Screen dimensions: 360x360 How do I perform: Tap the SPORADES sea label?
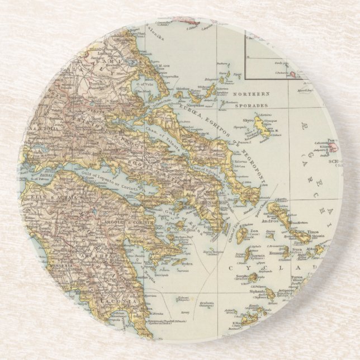click(252, 105)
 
